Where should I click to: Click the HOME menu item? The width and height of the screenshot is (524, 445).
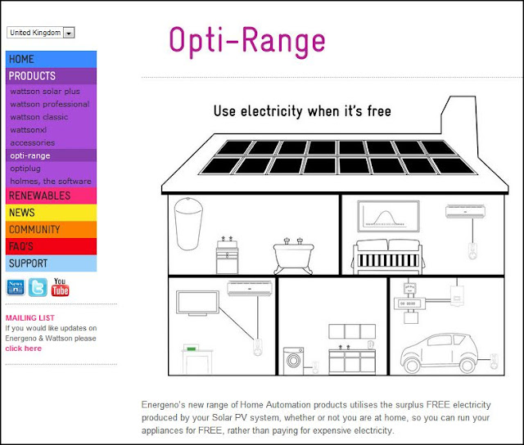pyautogui.click(x=51, y=59)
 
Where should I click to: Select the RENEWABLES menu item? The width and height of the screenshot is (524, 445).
pyautogui.click(x=51, y=196)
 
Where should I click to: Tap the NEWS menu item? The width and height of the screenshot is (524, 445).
pyautogui.click(x=51, y=213)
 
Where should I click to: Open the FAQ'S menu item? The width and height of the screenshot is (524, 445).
pyautogui.click(x=51, y=246)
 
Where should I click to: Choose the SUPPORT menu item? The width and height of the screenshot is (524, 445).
pyautogui.click(x=51, y=263)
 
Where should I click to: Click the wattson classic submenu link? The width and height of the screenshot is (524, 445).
pyautogui.click(x=39, y=117)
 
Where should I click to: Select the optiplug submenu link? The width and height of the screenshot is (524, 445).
pyautogui.click(x=25, y=169)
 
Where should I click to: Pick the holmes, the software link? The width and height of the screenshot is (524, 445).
pyautogui.click(x=51, y=182)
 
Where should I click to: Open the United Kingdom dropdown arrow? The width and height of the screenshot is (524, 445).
pyautogui.click(x=69, y=33)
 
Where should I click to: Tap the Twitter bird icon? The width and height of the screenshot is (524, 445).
pyautogui.click(x=38, y=287)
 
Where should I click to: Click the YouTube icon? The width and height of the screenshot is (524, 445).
pyautogui.click(x=60, y=287)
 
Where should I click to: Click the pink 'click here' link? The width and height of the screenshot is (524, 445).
pyautogui.click(x=24, y=348)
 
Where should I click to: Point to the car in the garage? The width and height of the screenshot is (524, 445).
pyautogui.click(x=440, y=353)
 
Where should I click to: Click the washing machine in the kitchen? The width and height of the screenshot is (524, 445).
pyautogui.click(x=293, y=361)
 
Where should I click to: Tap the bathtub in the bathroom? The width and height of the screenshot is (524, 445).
pyautogui.click(x=293, y=255)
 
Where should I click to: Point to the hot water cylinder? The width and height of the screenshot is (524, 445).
pyautogui.click(x=188, y=223)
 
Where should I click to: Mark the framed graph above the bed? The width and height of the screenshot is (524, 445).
pyautogui.click(x=388, y=216)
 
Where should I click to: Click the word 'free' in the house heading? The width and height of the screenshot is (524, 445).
pyautogui.click(x=379, y=111)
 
